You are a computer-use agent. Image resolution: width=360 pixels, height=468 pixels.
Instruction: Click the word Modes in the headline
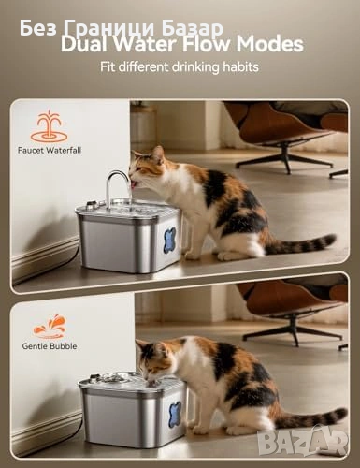point(269,44)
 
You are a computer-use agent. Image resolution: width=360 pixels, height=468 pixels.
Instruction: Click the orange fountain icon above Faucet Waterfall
point(49,127)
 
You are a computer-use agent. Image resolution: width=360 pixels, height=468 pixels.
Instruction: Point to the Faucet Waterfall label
point(50,150)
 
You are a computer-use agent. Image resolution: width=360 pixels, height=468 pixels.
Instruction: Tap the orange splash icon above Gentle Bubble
point(50,327)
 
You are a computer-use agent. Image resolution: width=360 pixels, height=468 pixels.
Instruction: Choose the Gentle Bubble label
point(50,346)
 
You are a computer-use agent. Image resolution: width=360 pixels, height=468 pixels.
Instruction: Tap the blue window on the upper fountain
point(170,239)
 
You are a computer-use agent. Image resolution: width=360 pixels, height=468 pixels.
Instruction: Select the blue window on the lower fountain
point(175,414)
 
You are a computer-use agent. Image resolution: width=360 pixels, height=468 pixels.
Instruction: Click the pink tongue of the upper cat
point(134,185)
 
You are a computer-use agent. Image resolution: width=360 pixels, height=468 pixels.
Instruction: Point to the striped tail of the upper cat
point(299,244)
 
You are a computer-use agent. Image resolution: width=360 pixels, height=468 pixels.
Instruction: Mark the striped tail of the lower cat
point(310,417)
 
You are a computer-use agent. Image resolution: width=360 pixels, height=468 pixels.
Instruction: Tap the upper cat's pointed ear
point(158,154)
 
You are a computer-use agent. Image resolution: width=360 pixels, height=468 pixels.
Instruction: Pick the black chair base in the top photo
point(287,159)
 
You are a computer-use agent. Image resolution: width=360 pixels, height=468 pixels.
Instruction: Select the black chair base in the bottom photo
point(293,332)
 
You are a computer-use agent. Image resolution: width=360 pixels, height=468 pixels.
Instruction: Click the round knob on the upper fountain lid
point(91,205)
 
